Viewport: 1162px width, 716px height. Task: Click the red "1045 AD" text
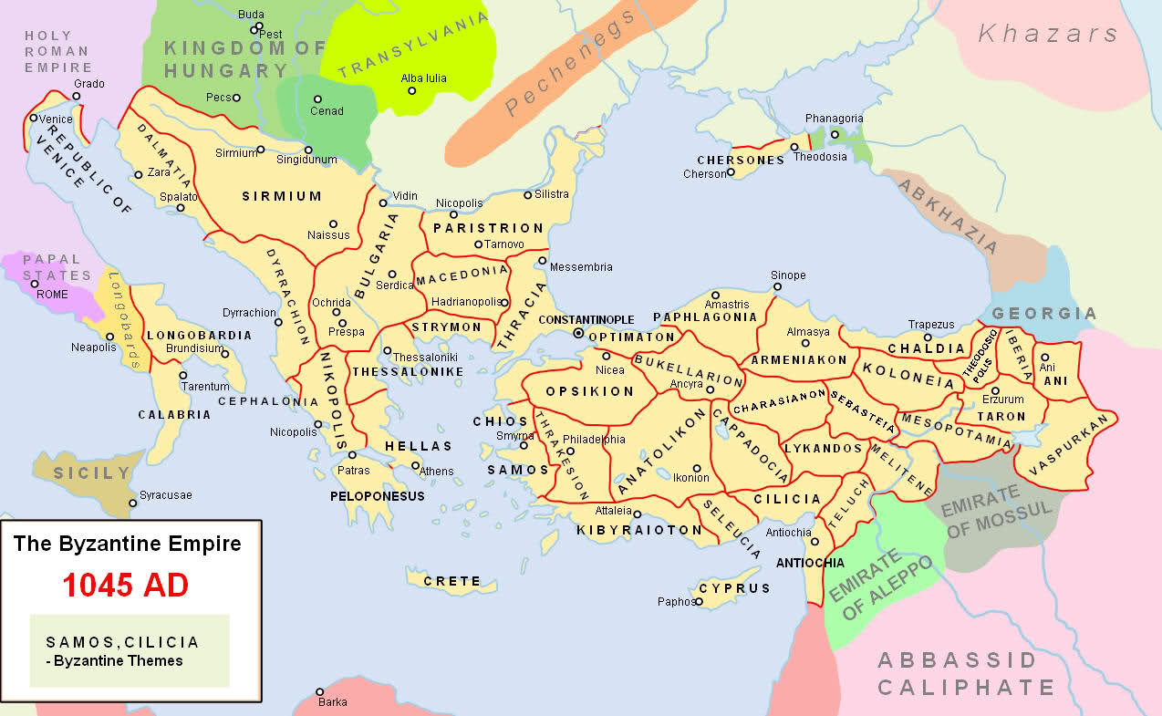[125, 585]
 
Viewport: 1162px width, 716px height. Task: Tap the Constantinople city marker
[578, 334]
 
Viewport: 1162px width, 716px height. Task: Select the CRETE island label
[452, 581]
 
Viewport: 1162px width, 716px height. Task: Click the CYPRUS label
[735, 588]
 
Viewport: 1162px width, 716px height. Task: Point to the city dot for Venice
[34, 118]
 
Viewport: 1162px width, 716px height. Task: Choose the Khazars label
[1047, 35]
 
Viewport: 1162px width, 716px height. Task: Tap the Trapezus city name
[931, 325]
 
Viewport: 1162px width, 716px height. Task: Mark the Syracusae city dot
[133, 501]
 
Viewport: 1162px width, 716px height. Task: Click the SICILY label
[92, 473]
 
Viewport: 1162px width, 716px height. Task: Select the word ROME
[53, 294]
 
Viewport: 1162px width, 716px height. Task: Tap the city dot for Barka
[320, 691]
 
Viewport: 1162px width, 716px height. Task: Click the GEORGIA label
[1044, 313]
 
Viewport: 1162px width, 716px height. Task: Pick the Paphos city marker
[699, 602]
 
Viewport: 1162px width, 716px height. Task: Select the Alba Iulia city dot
[411, 90]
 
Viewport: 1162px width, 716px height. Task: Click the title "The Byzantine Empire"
[127, 545]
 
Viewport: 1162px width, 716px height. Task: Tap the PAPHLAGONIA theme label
[705, 317]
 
